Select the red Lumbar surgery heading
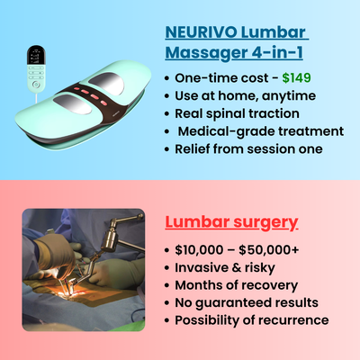(x=231, y=221)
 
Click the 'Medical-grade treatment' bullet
(x=260, y=131)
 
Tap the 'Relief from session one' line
(x=253, y=149)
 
